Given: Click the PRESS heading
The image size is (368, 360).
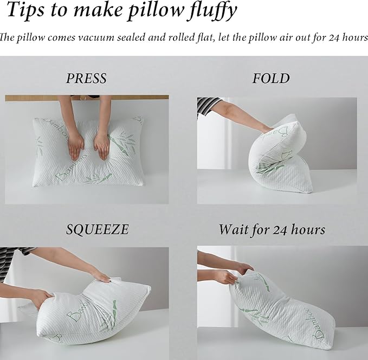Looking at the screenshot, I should click(x=86, y=79).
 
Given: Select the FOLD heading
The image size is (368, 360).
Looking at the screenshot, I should click(x=271, y=79).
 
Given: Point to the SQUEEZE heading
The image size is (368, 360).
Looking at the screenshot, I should click(x=98, y=229).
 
